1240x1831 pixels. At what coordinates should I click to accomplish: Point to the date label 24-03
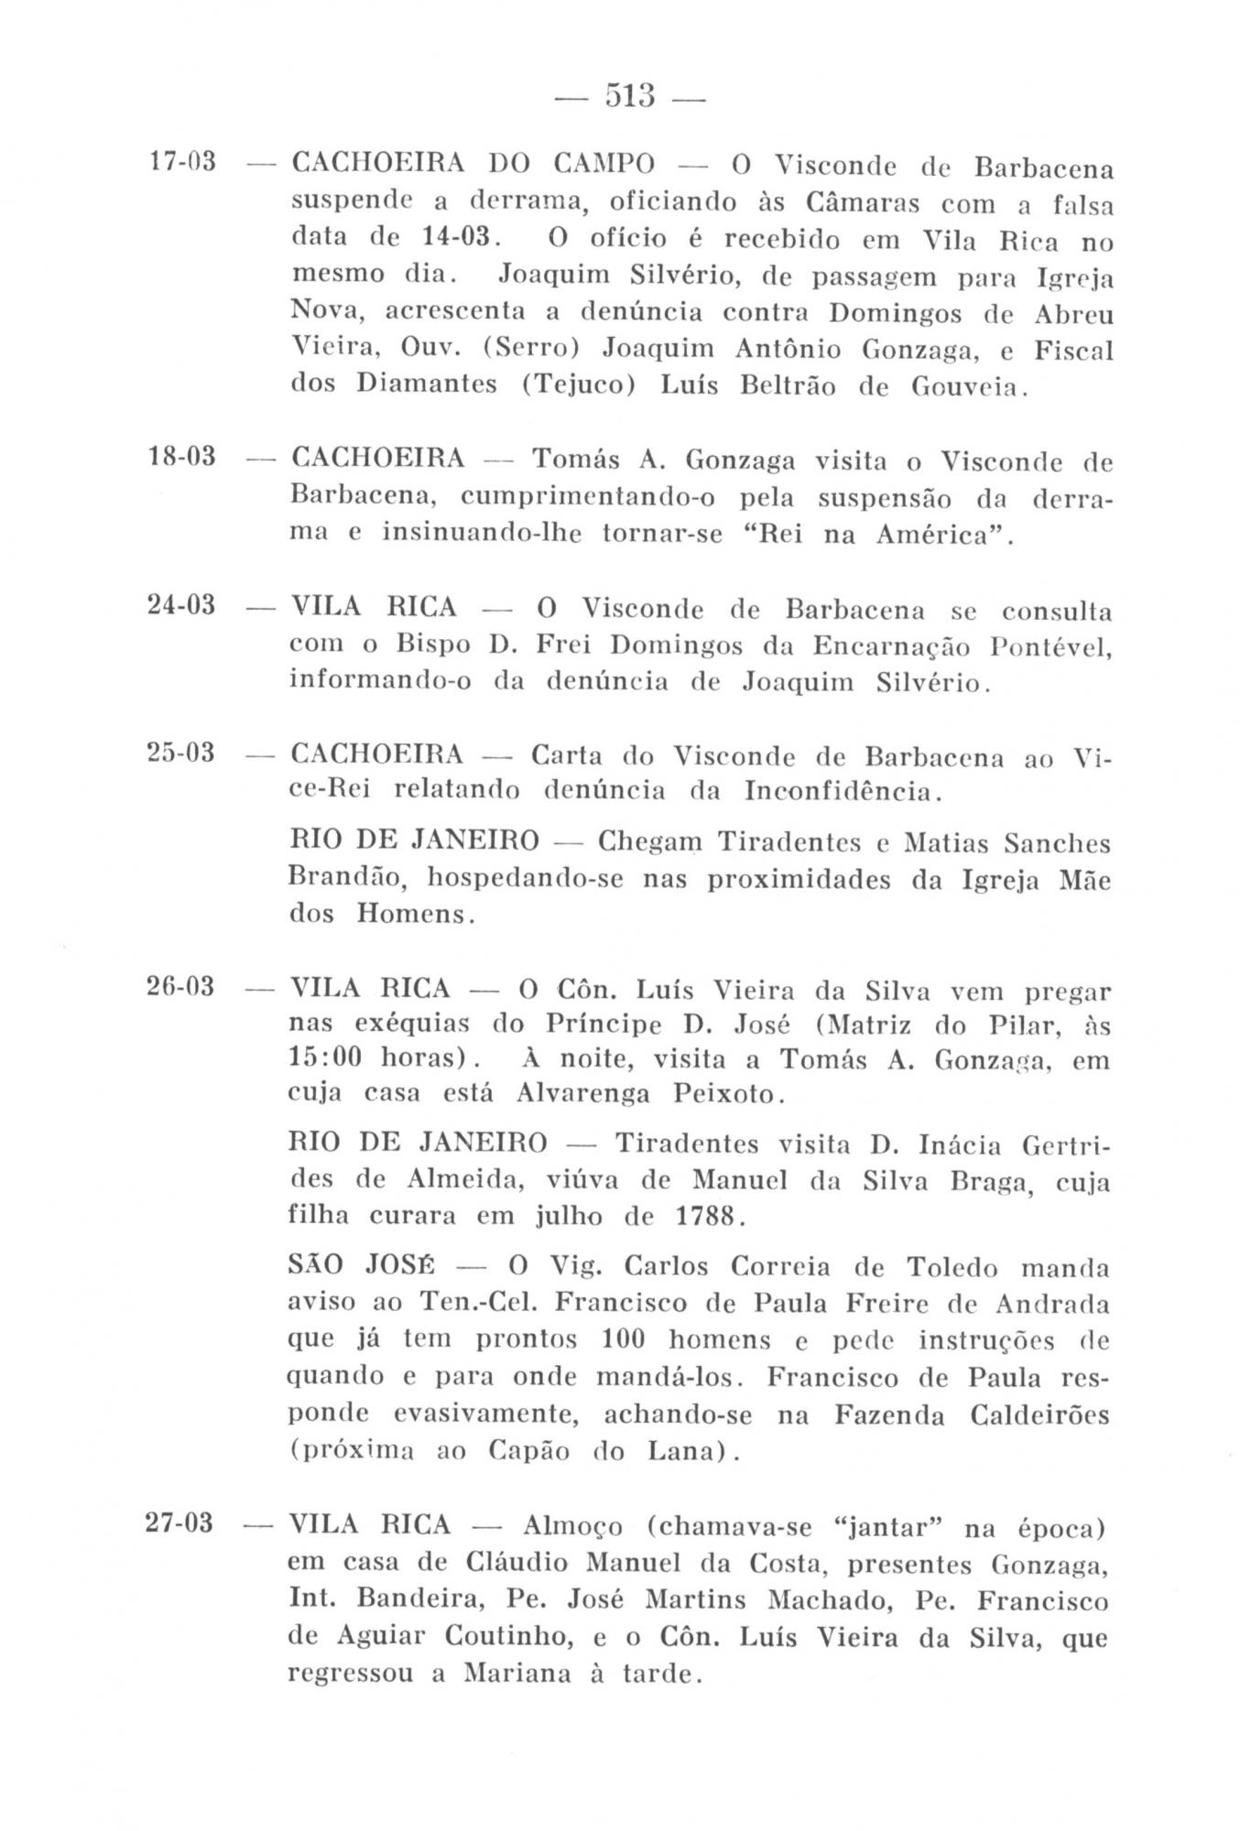[181, 604]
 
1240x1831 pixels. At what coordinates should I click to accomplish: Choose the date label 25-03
[181, 753]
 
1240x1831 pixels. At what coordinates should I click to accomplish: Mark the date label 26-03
[181, 987]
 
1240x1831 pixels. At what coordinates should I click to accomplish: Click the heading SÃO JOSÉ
[363, 1267]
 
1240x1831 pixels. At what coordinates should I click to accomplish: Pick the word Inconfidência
[841, 789]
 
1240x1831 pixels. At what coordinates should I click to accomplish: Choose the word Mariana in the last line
[520, 1673]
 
